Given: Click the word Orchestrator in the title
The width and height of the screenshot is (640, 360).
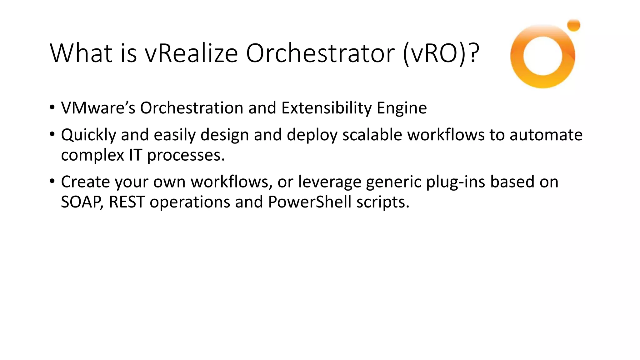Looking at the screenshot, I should click(x=320, y=53).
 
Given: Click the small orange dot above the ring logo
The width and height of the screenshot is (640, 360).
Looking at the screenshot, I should click(x=573, y=25).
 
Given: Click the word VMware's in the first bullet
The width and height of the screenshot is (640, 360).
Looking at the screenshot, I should click(x=98, y=108).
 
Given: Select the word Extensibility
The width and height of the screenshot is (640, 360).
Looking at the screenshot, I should click(x=326, y=108).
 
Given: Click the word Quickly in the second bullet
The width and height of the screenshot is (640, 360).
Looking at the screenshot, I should click(x=88, y=135).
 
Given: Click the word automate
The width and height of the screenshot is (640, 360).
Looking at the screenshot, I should click(x=546, y=135).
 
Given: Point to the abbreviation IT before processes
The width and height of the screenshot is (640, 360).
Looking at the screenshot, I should click(x=135, y=155).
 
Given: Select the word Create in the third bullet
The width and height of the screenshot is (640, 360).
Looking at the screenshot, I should click(x=85, y=182).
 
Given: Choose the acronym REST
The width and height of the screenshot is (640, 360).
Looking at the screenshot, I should click(x=127, y=202).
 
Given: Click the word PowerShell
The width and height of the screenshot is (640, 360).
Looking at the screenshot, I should click(x=310, y=202).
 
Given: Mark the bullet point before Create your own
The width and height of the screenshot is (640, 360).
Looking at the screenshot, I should click(x=52, y=181).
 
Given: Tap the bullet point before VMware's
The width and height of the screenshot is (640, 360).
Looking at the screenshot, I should click(x=52, y=108).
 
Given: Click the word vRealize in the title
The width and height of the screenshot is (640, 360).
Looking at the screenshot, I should click(x=191, y=53).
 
